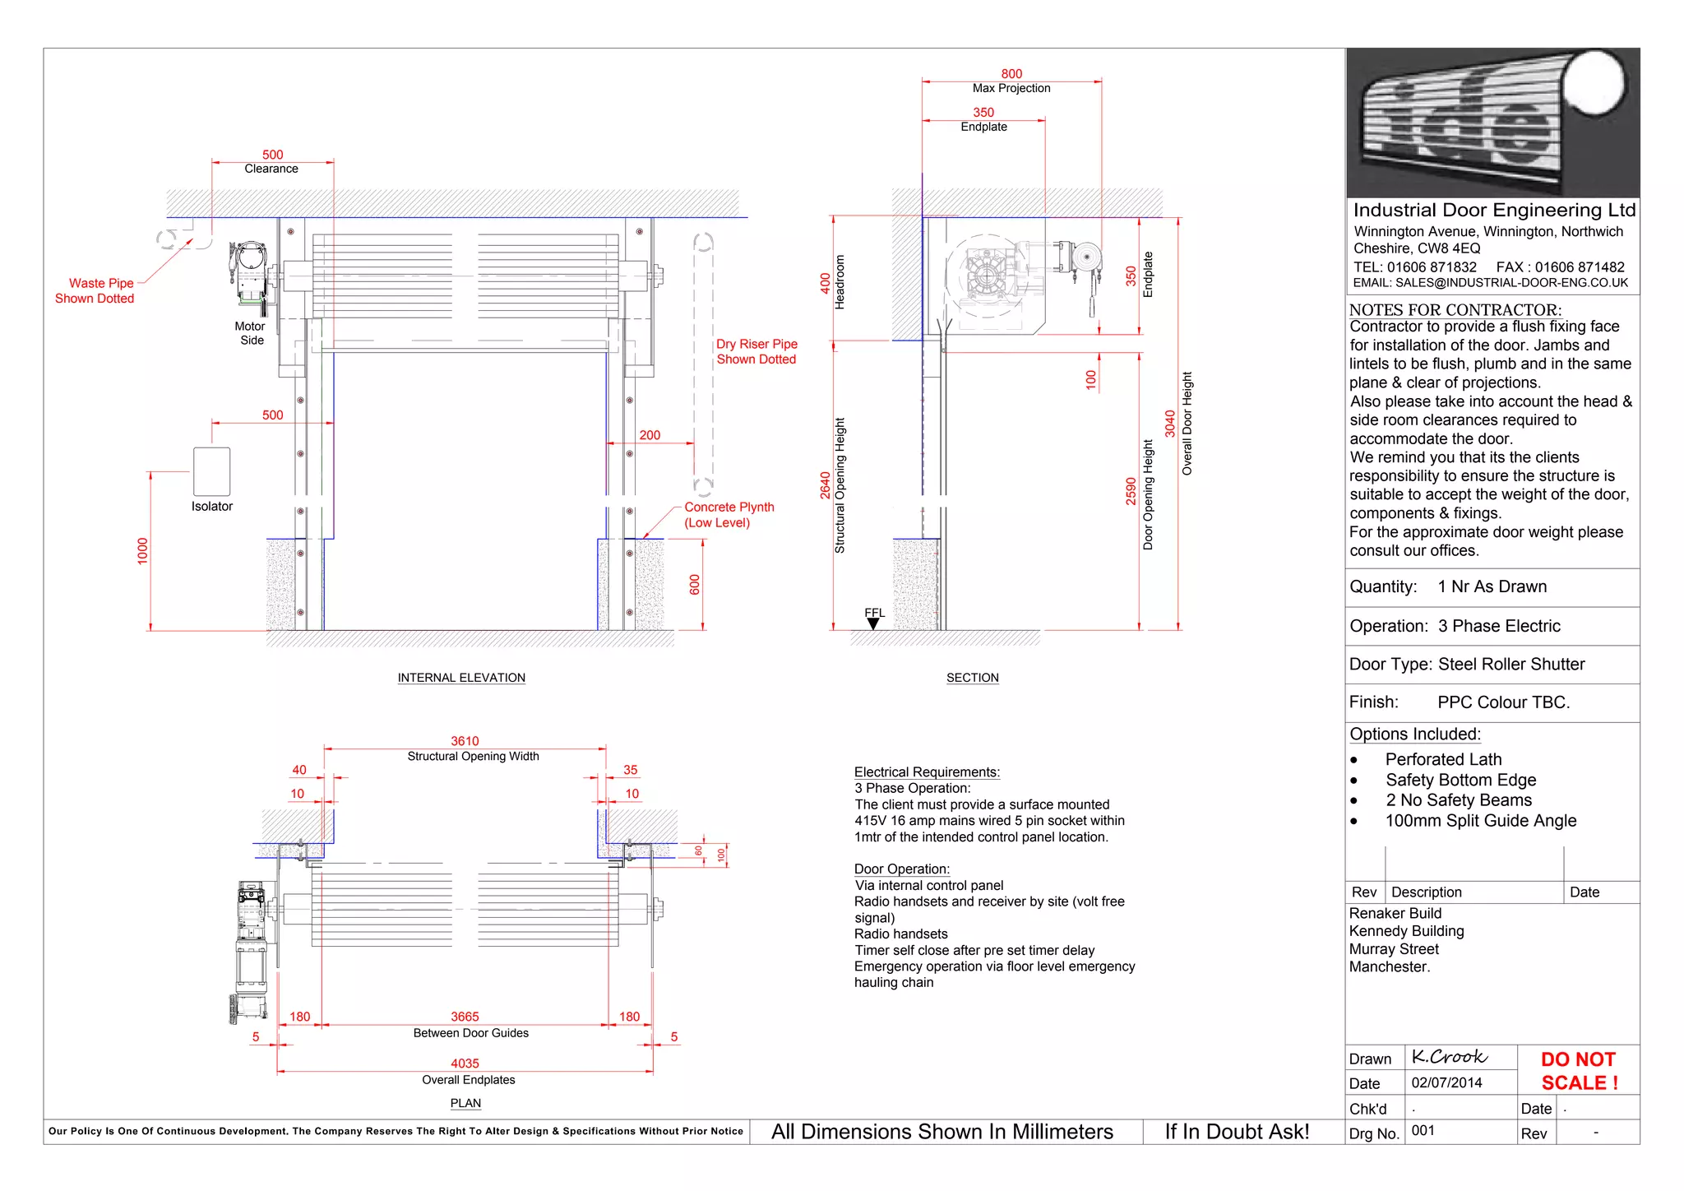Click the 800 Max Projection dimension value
click(x=1011, y=74)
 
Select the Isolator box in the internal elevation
click(x=211, y=471)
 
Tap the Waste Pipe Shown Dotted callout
click(x=95, y=290)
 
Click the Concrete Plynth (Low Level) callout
click(x=729, y=515)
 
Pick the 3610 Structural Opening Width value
click(x=465, y=741)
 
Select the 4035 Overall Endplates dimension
click(x=465, y=1064)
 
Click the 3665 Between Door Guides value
click(x=465, y=1017)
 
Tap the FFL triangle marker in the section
click(x=873, y=623)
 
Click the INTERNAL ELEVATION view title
click(x=461, y=678)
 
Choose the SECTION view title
click(x=972, y=678)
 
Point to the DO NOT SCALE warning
click(x=1579, y=1071)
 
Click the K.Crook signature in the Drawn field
click(x=1449, y=1056)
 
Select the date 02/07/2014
click(x=1446, y=1082)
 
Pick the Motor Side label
click(x=250, y=333)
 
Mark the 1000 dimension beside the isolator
click(x=143, y=551)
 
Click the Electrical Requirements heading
click(x=927, y=772)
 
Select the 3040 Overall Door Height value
click(x=1169, y=424)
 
